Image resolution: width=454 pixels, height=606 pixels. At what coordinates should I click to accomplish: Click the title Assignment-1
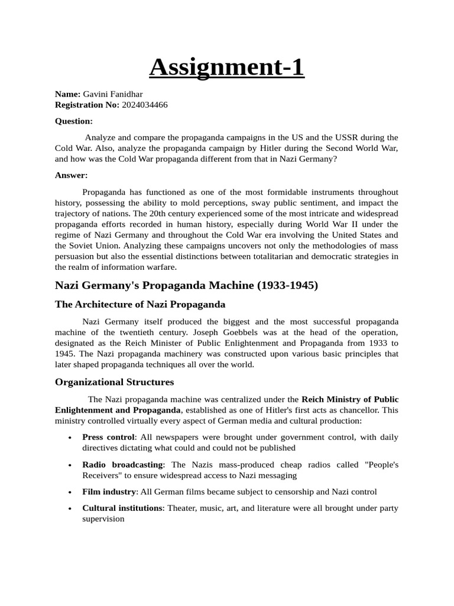click(x=226, y=67)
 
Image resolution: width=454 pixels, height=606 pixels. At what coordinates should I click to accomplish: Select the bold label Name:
click(x=67, y=94)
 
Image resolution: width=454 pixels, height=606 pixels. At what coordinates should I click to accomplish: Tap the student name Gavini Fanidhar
click(x=112, y=94)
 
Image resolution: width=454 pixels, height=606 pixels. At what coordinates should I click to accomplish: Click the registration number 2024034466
click(x=145, y=105)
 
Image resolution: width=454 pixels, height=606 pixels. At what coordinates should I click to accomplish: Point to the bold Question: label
click(x=74, y=121)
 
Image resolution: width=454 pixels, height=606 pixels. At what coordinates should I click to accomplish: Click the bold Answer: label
click(x=71, y=175)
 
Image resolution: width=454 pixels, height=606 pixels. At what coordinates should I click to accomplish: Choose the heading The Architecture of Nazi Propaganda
click(x=140, y=305)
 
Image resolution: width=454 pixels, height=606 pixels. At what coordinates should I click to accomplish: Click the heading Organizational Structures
click(x=115, y=382)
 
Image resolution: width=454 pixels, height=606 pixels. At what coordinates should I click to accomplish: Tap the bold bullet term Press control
click(x=109, y=437)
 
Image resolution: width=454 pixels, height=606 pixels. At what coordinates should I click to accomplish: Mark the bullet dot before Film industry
click(x=70, y=492)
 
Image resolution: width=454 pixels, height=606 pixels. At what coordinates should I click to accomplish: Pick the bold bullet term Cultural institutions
click(x=122, y=508)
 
